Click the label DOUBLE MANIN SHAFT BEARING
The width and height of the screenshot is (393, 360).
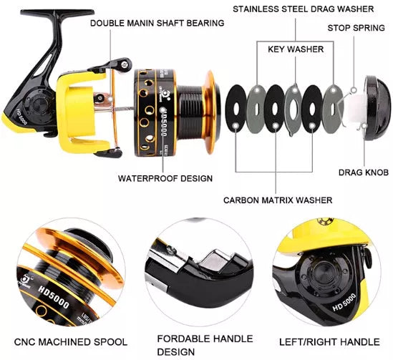tap(157, 23)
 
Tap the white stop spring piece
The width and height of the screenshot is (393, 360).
tap(353, 108)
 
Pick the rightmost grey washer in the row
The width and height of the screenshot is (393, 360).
tap(334, 106)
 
